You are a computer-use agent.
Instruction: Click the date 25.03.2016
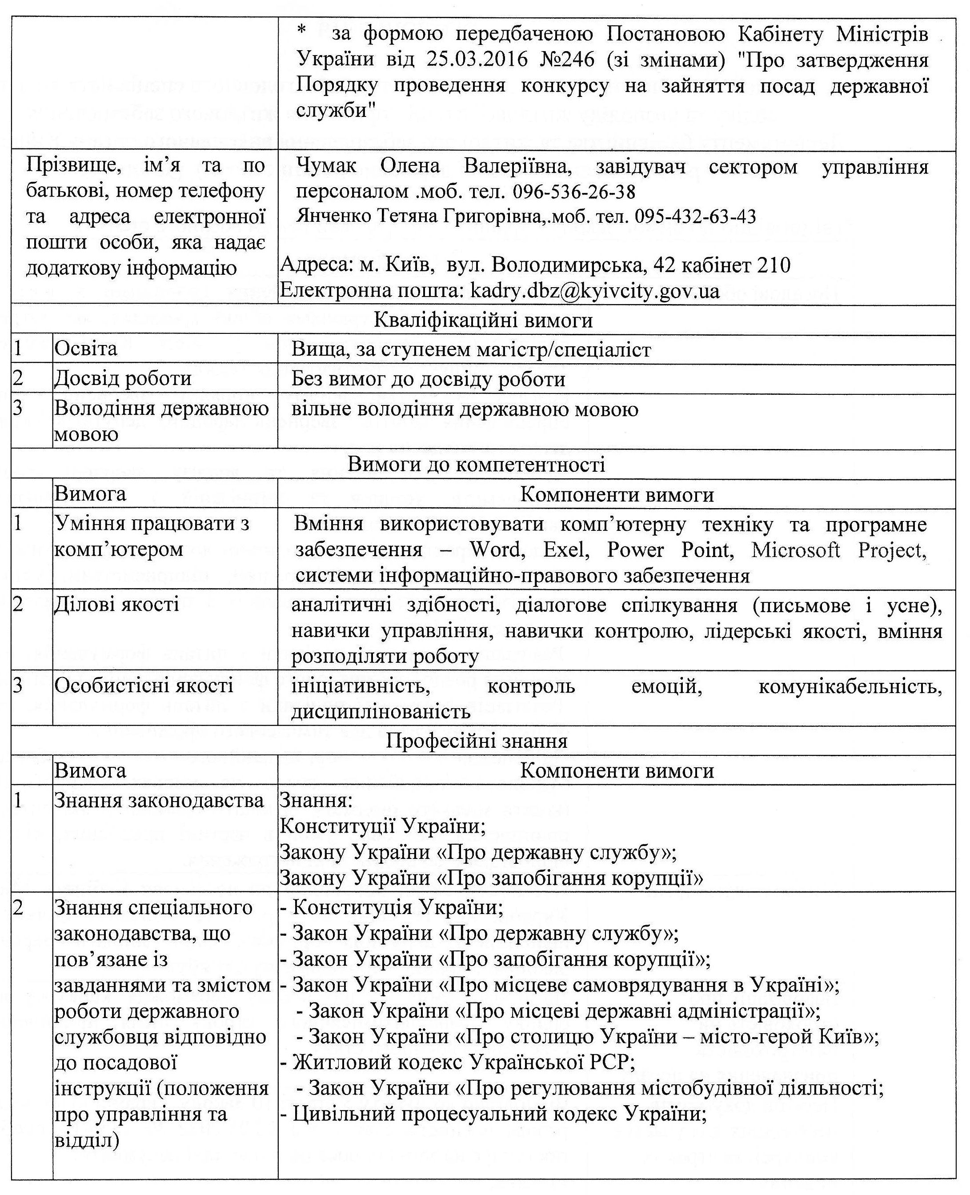coord(477,59)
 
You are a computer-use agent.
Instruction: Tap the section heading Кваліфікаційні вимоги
coord(483,321)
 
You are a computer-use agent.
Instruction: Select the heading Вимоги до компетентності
coord(476,464)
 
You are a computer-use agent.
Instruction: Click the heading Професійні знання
coord(476,741)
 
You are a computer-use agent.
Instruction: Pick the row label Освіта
coord(85,349)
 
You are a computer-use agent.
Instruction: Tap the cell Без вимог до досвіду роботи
coord(428,379)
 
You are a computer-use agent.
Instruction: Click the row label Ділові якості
coord(116,605)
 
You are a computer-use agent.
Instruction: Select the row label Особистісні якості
coord(144,686)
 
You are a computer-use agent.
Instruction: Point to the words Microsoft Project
coord(838,550)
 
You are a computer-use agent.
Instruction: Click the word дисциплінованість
coord(381,712)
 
